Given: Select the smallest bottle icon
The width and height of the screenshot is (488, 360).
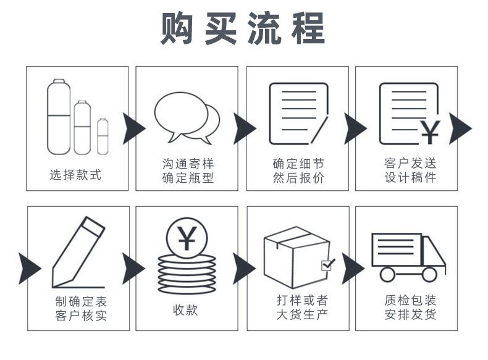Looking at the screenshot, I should [103, 135].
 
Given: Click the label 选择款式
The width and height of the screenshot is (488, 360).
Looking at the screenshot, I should [75, 175].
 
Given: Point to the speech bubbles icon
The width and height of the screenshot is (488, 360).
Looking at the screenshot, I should [186, 117].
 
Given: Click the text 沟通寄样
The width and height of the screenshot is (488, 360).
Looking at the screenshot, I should [187, 164].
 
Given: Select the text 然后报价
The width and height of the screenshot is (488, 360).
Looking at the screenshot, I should [298, 178].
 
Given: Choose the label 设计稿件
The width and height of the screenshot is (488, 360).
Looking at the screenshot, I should [410, 178].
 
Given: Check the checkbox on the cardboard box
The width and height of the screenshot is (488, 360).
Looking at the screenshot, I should [327, 265].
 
